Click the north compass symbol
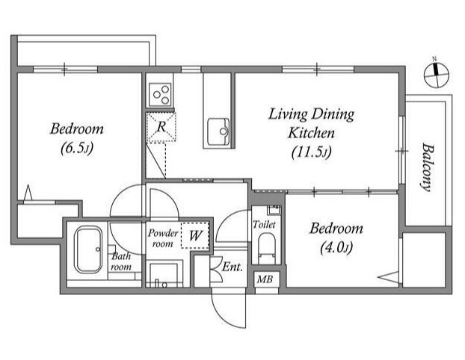(437, 75)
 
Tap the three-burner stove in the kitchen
(161, 95)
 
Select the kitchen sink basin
(218, 131)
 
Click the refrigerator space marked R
(161, 127)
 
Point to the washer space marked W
(195, 235)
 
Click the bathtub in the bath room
(88, 249)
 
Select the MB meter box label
(265, 279)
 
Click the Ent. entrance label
(232, 267)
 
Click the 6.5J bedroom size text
(77, 148)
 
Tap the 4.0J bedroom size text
(336, 247)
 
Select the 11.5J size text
(312, 152)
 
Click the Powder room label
(163, 238)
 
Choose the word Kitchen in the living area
(311, 133)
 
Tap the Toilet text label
(264, 224)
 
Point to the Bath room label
(121, 261)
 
